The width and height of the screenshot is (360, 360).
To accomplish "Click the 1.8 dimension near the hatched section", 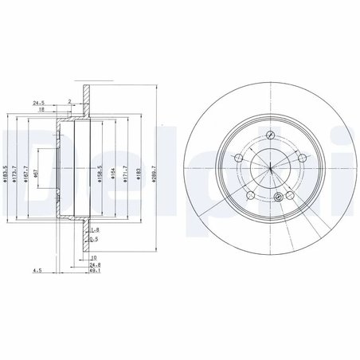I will (x=94, y=229).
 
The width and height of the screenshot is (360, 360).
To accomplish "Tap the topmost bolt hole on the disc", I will (x=272, y=133).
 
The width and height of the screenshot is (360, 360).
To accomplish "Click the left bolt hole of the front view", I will (x=237, y=159).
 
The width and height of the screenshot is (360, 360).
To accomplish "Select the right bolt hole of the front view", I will (x=307, y=159).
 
